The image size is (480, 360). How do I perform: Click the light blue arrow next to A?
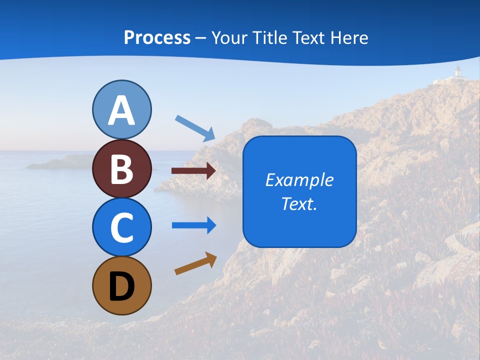[x=195, y=127]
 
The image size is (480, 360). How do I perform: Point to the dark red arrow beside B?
[x=193, y=171]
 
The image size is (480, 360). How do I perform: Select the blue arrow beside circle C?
[x=194, y=225]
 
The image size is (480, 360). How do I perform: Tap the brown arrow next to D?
[x=195, y=263]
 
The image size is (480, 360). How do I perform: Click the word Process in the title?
[x=157, y=38]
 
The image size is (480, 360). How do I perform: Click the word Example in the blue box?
[x=299, y=180]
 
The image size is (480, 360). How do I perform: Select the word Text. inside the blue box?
[x=299, y=203]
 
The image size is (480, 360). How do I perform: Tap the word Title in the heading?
[x=270, y=38]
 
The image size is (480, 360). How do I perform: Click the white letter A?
[x=121, y=111]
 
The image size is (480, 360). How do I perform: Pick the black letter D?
[x=121, y=286]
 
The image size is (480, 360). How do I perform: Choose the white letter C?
[x=121, y=227]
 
